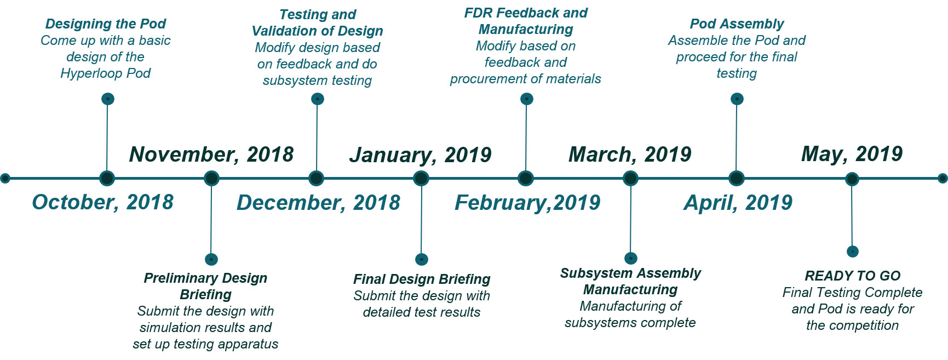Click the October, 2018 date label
(102, 202)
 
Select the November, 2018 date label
(211, 155)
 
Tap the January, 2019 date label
(420, 155)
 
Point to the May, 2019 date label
(852, 154)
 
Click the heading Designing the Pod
(106, 24)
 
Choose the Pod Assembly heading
(737, 24)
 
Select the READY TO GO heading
(852, 276)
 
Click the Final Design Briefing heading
(421, 279)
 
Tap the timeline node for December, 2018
(316, 179)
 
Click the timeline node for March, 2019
(630, 179)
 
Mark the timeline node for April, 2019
(736, 179)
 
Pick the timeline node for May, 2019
(852, 179)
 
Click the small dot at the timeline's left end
(5, 178)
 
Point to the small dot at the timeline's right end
(943, 178)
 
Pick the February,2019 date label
(527, 203)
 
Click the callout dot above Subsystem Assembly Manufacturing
(631, 258)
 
